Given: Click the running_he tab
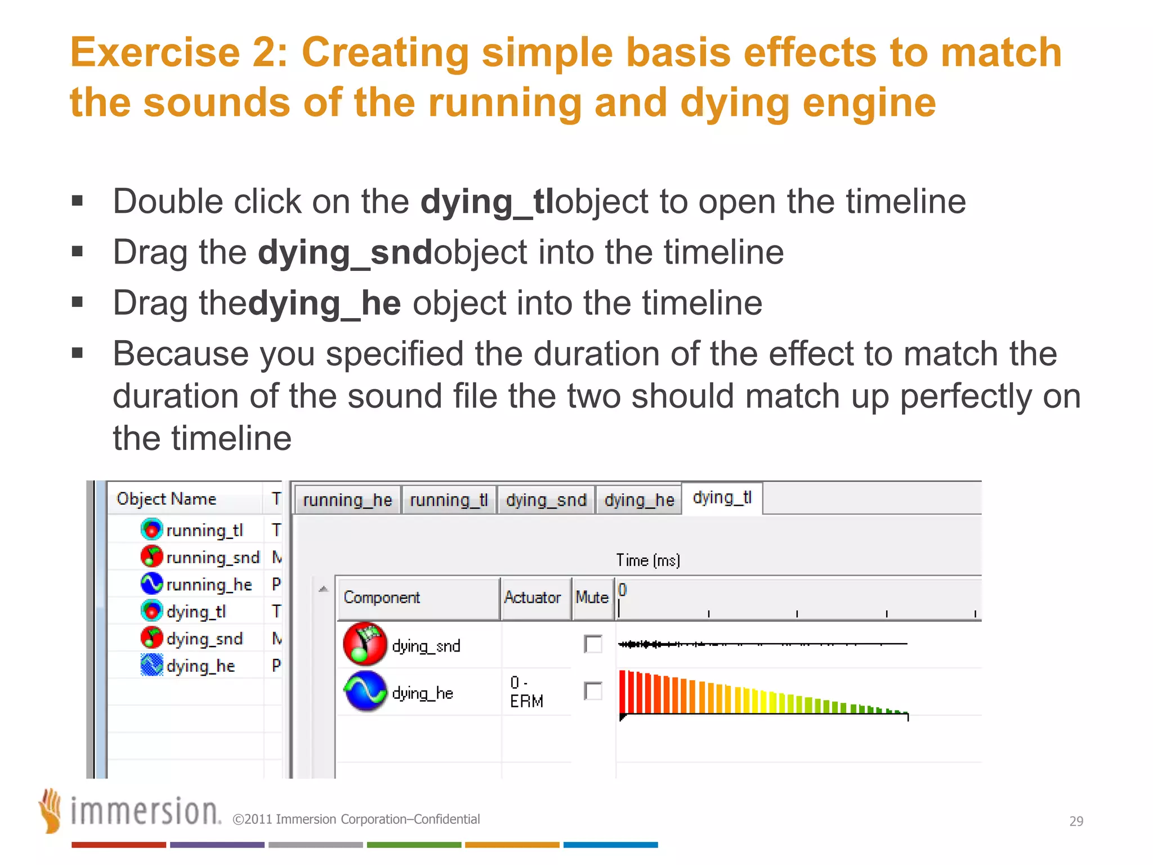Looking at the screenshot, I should [x=347, y=500].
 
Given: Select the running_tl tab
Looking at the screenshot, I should [x=449, y=500].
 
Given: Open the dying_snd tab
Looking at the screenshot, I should [x=546, y=500].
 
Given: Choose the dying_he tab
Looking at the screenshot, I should [x=639, y=500].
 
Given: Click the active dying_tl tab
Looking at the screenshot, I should [x=722, y=498].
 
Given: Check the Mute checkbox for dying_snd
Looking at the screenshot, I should [x=593, y=644].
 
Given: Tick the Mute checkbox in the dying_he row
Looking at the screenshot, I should [x=593, y=691].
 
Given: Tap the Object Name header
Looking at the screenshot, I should [x=167, y=499].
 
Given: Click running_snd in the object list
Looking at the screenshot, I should [x=212, y=558].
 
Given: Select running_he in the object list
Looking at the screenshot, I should [x=208, y=585].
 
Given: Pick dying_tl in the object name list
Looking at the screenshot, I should [x=196, y=612].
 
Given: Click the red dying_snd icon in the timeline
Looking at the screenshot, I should [x=365, y=644].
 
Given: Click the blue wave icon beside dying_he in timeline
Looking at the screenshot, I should [x=365, y=691].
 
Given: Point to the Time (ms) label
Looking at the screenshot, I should [x=648, y=560].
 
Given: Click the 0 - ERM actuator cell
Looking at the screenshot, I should [x=526, y=692].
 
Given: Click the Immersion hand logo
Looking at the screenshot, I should [x=51, y=810].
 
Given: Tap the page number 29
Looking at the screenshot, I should [x=1076, y=821].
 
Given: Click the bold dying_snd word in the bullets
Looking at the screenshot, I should [x=345, y=252].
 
